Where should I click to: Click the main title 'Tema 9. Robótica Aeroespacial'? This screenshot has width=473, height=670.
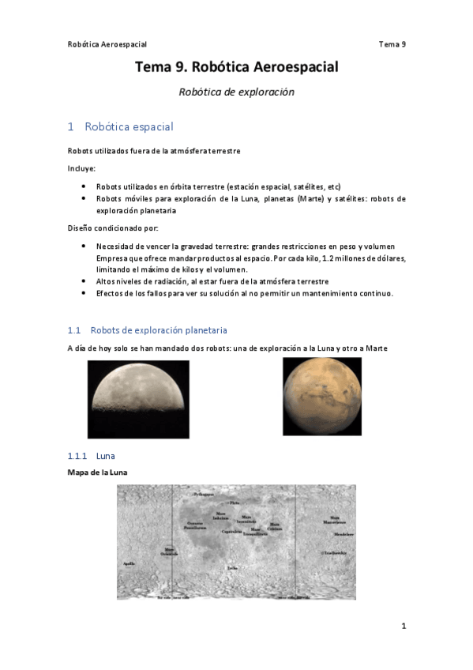pos(236,68)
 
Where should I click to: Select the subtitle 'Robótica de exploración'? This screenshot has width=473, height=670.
pos(236,92)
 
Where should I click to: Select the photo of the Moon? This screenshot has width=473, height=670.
pos(138,399)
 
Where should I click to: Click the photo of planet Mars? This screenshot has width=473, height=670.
pos(321,396)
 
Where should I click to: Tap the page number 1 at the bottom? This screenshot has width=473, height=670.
pos(403,627)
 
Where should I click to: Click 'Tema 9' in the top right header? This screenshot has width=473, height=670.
pos(392,44)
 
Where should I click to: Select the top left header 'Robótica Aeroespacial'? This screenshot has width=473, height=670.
pos(107,44)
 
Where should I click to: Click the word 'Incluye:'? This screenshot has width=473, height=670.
pos(81,167)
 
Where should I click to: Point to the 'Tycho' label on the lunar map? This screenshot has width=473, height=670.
pos(231,567)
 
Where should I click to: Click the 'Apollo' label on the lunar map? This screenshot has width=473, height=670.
pos(130,563)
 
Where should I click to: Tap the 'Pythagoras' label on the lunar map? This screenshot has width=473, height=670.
pos(204,494)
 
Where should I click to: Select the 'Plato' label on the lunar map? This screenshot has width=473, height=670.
pos(234,502)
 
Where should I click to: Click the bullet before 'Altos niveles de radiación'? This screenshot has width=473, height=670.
pos(84,281)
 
